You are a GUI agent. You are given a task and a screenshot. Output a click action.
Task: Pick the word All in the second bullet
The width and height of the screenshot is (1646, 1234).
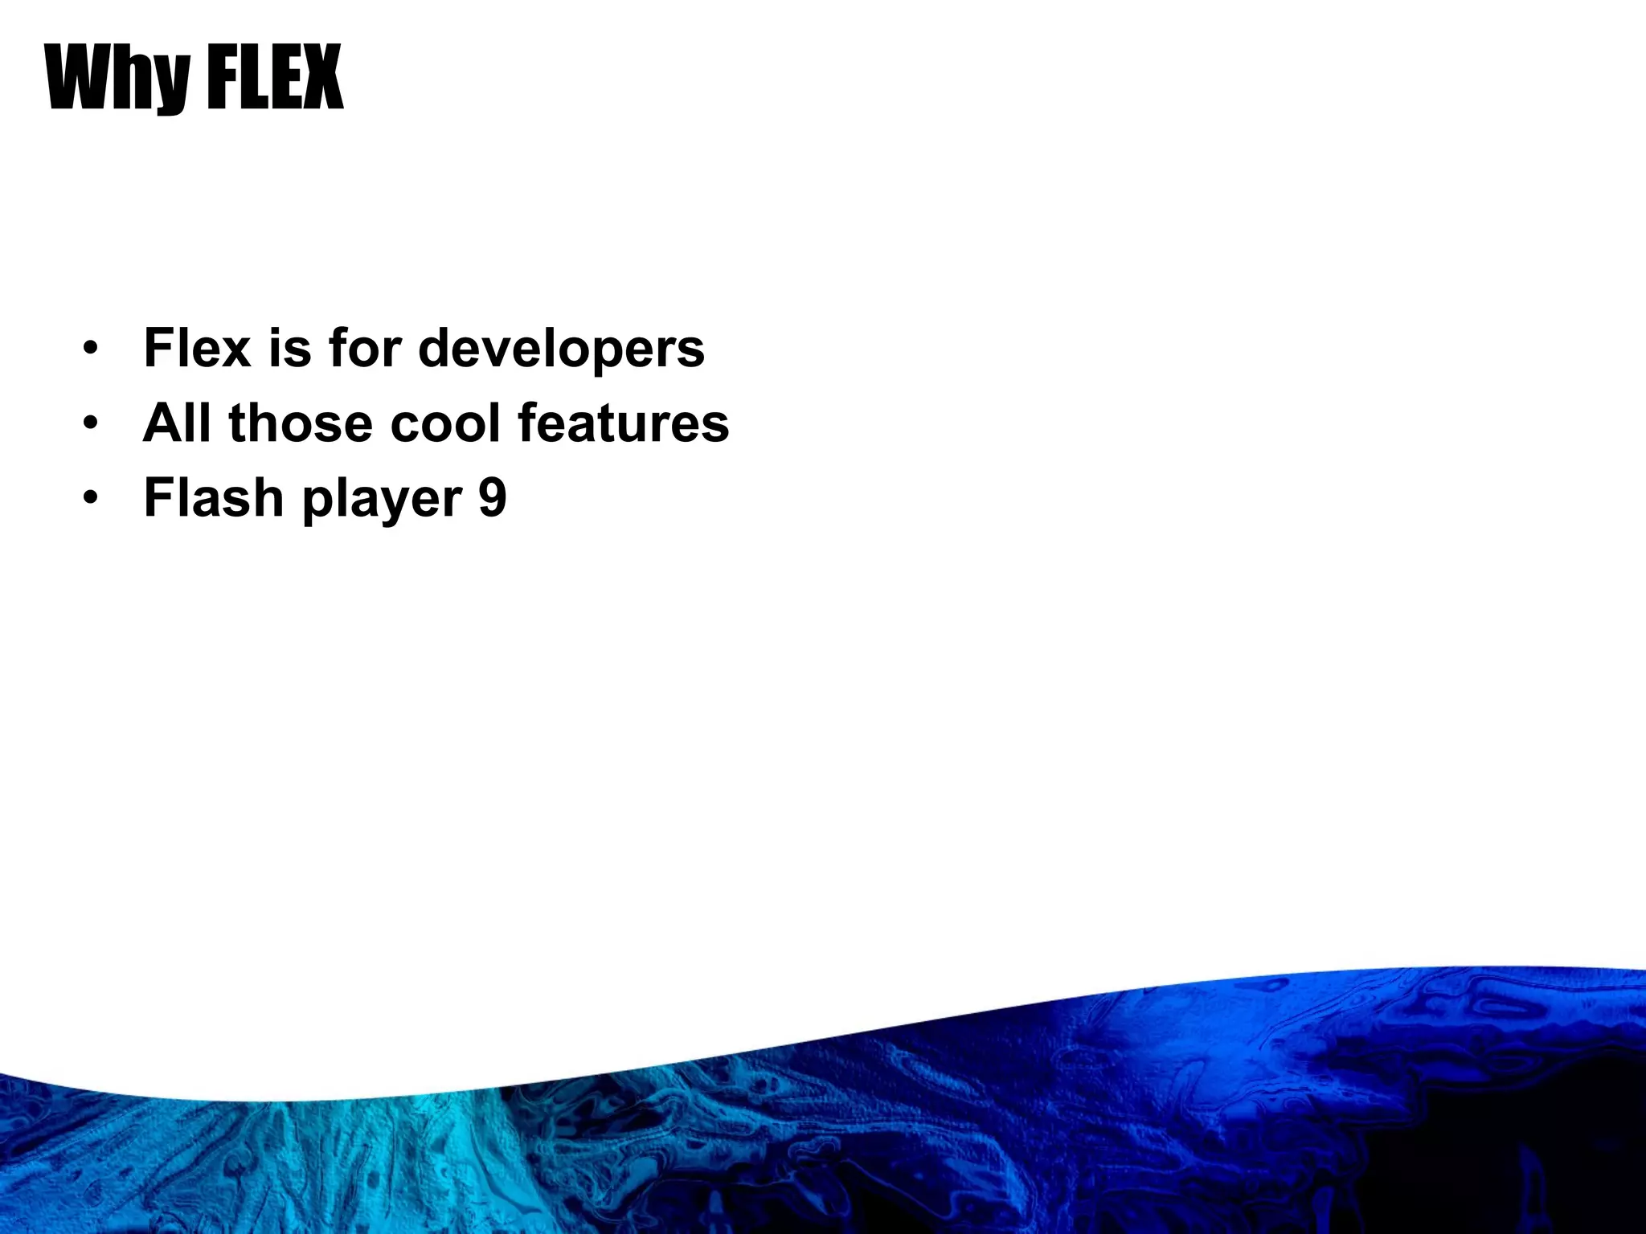point(178,423)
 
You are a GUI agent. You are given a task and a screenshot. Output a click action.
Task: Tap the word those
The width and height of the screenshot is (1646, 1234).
point(301,423)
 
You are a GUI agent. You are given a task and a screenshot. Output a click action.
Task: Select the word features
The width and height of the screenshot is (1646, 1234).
point(624,423)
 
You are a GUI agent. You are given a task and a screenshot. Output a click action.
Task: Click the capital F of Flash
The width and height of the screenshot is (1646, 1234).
point(158,497)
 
